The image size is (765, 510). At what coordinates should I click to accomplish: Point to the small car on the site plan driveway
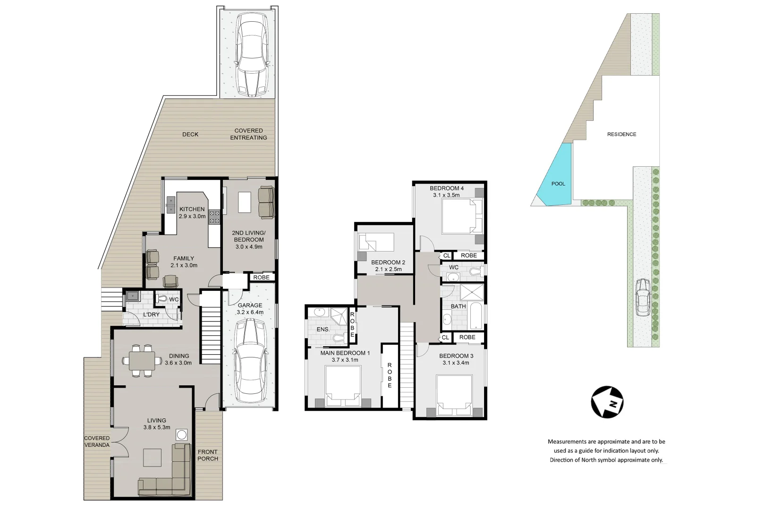click(x=643, y=297)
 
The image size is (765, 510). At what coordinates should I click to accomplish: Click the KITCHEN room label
click(x=192, y=209)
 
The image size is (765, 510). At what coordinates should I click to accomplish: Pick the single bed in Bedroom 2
click(x=376, y=243)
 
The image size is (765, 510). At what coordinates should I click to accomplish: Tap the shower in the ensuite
click(x=338, y=314)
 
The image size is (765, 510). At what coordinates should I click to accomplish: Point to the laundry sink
click(x=133, y=296)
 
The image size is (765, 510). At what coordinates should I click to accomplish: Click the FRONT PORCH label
click(x=208, y=455)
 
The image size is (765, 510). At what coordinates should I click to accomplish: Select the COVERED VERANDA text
click(x=97, y=442)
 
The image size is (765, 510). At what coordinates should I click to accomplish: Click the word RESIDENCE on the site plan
click(x=621, y=134)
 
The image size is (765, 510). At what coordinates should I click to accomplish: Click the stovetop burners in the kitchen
click(x=214, y=216)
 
